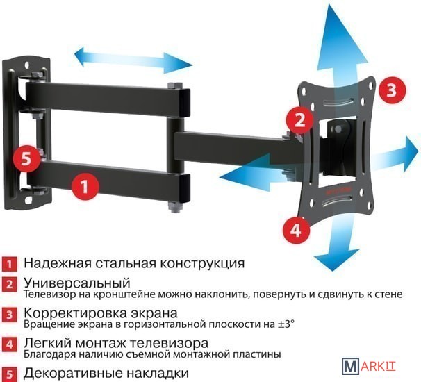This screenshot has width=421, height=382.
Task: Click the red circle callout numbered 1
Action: pyautogui.click(x=85, y=186)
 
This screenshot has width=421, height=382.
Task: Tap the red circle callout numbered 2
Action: pyautogui.click(x=299, y=120)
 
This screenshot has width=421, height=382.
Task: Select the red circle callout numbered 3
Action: pyautogui.click(x=392, y=90)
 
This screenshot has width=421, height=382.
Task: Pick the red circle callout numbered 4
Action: pyautogui.click(x=296, y=230)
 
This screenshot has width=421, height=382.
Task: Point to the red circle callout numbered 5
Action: pyautogui.click(x=26, y=159)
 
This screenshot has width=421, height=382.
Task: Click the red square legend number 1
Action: pyautogui.click(x=10, y=264)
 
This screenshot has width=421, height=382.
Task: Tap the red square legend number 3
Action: pyautogui.click(x=10, y=315)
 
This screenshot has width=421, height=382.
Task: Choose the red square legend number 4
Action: pyautogui.click(x=10, y=344)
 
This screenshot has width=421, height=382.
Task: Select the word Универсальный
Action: pyautogui.click(x=77, y=283)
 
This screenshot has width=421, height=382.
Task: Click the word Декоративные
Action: pyautogui.click(x=73, y=373)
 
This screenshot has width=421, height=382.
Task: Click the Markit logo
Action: pyautogui.click(x=369, y=366)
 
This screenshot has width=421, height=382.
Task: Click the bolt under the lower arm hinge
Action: pyautogui.click(x=176, y=208)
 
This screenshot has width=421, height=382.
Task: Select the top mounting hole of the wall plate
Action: pyautogui.click(x=27, y=65)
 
